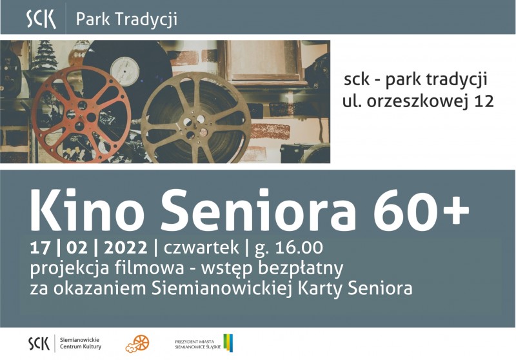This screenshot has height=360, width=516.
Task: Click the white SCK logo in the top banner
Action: click(x=41, y=19)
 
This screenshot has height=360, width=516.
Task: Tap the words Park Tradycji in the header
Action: click(x=126, y=19)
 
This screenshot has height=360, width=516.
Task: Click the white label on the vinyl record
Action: click(x=124, y=70)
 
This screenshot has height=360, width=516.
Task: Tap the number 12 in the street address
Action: click(x=484, y=101)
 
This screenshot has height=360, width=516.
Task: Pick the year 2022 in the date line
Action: click(x=125, y=248)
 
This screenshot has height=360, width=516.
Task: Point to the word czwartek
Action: click(x=201, y=248)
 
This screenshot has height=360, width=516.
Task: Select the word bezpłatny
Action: click(x=301, y=269)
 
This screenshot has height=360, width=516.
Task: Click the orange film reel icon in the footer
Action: click(x=137, y=344)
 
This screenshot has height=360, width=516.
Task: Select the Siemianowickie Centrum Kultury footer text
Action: click(x=81, y=343)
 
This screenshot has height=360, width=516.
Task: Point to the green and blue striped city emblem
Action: click(x=228, y=343)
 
